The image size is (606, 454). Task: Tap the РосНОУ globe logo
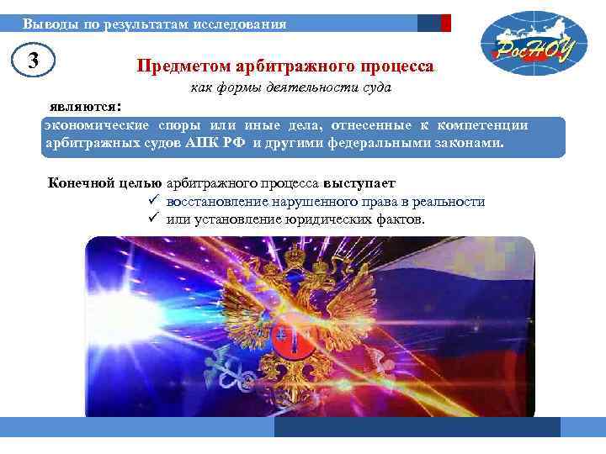pyautogui.click(x=526, y=43)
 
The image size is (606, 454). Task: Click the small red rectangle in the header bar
pyautogui.click(x=446, y=24)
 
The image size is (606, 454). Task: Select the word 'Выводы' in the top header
pyautogui.click(x=47, y=24)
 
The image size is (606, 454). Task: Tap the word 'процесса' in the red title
pyautogui.click(x=399, y=66)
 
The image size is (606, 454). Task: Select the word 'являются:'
pyautogui.click(x=85, y=107)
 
